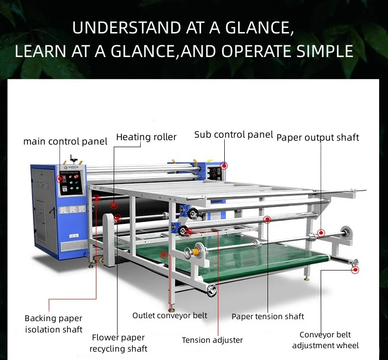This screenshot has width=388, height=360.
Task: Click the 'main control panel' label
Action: point(65,142)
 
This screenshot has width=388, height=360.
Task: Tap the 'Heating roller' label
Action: point(146,137)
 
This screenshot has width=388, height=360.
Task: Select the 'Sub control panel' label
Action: point(233,134)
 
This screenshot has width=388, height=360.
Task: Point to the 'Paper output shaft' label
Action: point(318,137)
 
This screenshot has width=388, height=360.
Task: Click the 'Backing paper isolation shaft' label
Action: point(54,324)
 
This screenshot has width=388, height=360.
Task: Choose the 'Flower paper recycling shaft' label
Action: point(119,343)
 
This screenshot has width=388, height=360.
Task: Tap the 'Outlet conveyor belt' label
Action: point(170,315)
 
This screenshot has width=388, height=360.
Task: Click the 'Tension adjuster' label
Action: point(212,340)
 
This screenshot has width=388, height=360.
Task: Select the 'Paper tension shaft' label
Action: point(268,316)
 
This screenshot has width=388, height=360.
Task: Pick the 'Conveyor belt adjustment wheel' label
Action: point(325,340)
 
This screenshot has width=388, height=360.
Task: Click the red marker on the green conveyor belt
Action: point(164,255)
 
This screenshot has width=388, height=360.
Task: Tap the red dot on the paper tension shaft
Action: point(267,220)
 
